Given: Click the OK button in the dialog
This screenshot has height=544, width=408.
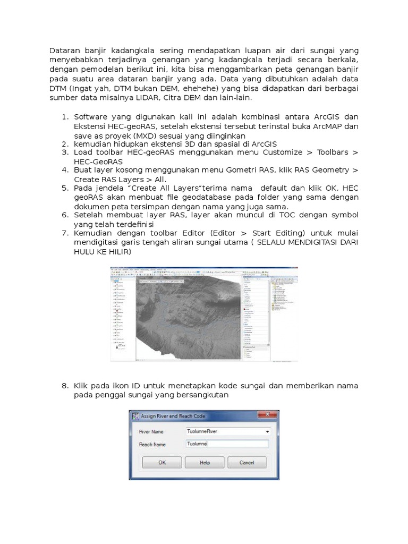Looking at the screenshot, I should point(163,463).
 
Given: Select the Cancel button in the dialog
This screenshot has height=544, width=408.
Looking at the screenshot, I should point(246,463).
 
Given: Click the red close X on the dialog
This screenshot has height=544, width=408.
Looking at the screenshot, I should point(268,416).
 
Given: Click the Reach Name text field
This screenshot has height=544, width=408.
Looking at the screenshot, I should point(227,444).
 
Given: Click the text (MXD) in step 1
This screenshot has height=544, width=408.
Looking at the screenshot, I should point(148,135).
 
